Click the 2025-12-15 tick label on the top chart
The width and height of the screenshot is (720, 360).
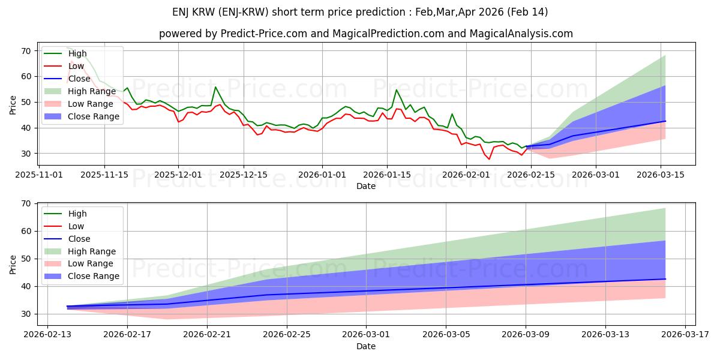pyautogui.click(x=243, y=175)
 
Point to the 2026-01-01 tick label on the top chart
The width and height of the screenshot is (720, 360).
pyautogui.click(x=322, y=175)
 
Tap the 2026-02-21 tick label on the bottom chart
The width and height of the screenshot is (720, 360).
pyautogui.click(x=207, y=335)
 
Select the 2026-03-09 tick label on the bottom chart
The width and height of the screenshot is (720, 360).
pyautogui.click(x=526, y=335)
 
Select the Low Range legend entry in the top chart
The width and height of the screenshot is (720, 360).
pyautogui.click(x=91, y=104)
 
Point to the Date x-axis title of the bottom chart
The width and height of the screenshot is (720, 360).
pyautogui.click(x=366, y=346)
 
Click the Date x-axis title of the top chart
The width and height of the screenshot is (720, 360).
pyautogui.click(x=366, y=186)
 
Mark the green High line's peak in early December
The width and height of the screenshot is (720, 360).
pyautogui.click(x=215, y=87)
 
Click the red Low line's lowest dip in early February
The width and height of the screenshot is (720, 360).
pyautogui.click(x=489, y=159)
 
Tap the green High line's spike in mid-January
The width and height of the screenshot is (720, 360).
pyautogui.click(x=396, y=90)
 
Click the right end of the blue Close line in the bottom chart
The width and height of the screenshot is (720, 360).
pyautogui.click(x=665, y=279)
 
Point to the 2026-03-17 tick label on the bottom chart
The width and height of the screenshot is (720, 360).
pyautogui.click(x=685, y=335)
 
